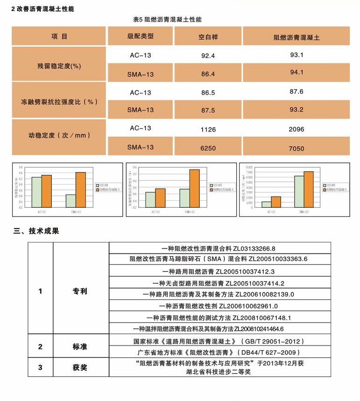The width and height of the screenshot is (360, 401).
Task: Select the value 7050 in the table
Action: coord(296,149)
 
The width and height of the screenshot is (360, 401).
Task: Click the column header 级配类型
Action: coord(141,36)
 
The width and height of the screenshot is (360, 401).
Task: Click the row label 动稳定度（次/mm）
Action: coord(59,136)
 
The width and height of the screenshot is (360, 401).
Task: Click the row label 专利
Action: coord(80,291)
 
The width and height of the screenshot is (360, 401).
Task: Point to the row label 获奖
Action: coord(80,367)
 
